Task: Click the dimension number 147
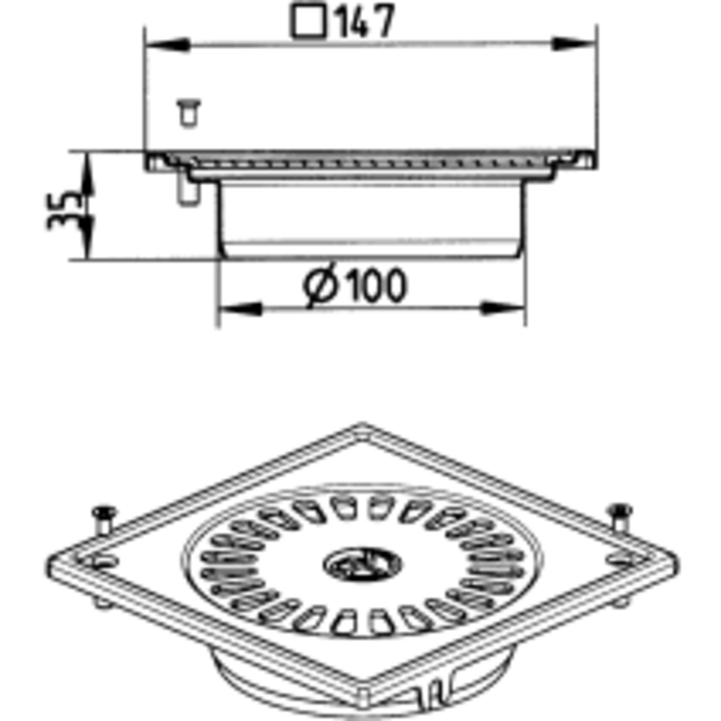tap(366, 22)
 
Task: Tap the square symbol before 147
tap(309, 22)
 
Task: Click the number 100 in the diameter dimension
tap(376, 286)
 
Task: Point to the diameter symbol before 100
tap(321, 285)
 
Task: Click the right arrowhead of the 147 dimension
tap(575, 44)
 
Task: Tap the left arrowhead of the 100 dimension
tap(240, 308)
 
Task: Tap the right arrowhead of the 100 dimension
tap(503, 308)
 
